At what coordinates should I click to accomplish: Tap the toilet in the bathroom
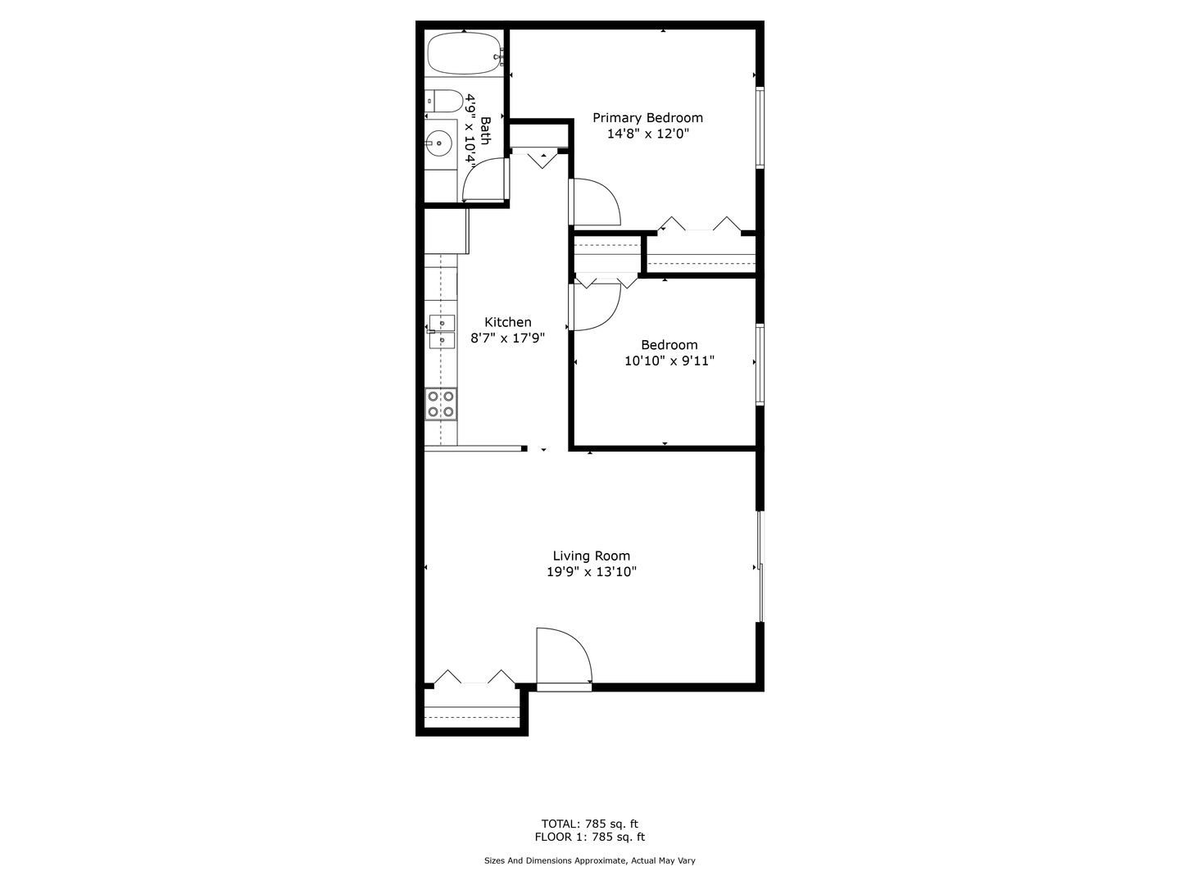pyautogui.click(x=444, y=101)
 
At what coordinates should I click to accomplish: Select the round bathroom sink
pyautogui.click(x=438, y=143)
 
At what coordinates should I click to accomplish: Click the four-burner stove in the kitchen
pyautogui.click(x=441, y=404)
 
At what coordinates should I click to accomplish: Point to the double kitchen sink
pyautogui.click(x=442, y=332)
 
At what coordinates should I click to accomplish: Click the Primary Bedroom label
pyautogui.click(x=648, y=118)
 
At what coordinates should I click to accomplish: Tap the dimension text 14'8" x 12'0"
pyautogui.click(x=648, y=134)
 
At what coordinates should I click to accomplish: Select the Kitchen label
pyautogui.click(x=508, y=322)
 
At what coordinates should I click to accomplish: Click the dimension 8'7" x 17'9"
pyautogui.click(x=508, y=338)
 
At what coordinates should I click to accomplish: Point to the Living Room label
pyautogui.click(x=592, y=556)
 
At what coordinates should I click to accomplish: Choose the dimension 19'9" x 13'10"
pyautogui.click(x=592, y=572)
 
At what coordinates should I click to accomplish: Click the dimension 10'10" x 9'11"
pyautogui.click(x=669, y=361)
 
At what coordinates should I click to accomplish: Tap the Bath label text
pyautogui.click(x=485, y=130)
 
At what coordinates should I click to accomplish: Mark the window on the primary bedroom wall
pyautogui.click(x=760, y=128)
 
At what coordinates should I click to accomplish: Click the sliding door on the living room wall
pyautogui.click(x=760, y=566)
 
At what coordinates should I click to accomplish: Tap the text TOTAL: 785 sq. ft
pyautogui.click(x=590, y=824)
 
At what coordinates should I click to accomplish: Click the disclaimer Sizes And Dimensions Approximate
pyautogui.click(x=556, y=860)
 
